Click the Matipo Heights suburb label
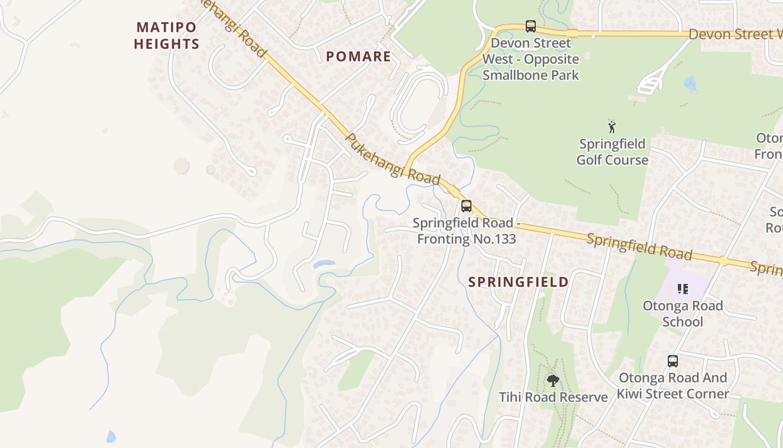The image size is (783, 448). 167,35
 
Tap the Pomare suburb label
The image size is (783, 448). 359,56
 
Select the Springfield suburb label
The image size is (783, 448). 518,282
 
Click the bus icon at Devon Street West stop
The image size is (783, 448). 530,26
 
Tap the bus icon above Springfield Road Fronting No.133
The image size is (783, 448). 466,206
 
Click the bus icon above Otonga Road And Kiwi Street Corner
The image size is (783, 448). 672,361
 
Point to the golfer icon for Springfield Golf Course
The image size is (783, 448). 612,127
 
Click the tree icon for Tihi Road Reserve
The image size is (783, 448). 553,381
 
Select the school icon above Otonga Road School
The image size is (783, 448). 682,289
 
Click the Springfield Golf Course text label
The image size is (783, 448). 612,152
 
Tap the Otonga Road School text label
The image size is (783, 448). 682,314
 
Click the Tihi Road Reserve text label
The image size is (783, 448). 553,397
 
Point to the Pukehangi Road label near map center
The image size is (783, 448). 393,159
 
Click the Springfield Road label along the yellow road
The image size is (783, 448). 639,247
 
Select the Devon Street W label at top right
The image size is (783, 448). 734,34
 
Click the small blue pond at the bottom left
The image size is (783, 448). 111,436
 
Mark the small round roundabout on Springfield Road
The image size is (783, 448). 723,261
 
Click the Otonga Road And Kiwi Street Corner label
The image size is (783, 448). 672,385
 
